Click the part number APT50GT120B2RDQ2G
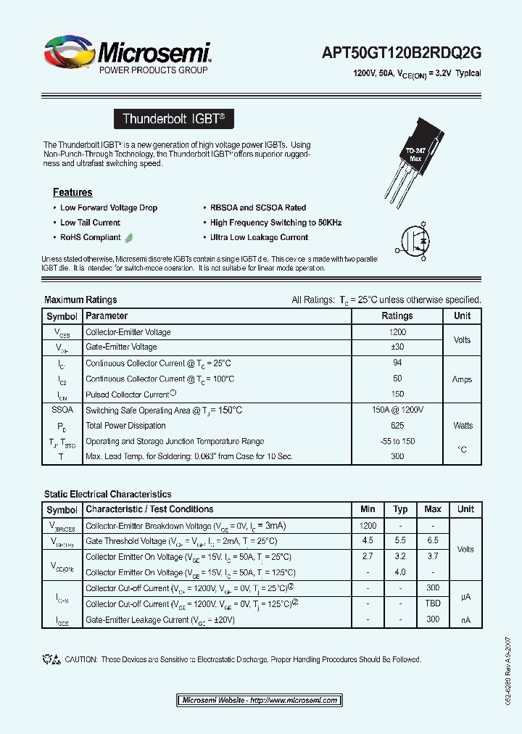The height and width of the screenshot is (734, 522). [402, 52]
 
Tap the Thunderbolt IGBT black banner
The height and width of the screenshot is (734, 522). [174, 119]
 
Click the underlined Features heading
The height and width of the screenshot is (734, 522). [72, 193]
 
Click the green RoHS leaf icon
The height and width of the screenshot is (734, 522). [129, 237]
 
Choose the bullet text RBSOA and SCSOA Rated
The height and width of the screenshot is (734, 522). [258, 207]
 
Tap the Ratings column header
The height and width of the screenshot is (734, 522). [397, 316]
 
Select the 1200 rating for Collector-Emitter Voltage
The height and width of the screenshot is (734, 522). [397, 332]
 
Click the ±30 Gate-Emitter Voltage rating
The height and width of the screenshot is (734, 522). [397, 347]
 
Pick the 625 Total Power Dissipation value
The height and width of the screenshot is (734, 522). [397, 426]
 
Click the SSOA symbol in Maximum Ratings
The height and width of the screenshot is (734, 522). [62, 411]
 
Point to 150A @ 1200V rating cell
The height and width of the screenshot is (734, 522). [397, 411]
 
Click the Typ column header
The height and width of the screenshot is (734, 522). [400, 509]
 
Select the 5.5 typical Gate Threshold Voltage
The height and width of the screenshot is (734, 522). [400, 541]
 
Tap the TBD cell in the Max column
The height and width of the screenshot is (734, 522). [433, 604]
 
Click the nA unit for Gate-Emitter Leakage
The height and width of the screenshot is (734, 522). [465, 620]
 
